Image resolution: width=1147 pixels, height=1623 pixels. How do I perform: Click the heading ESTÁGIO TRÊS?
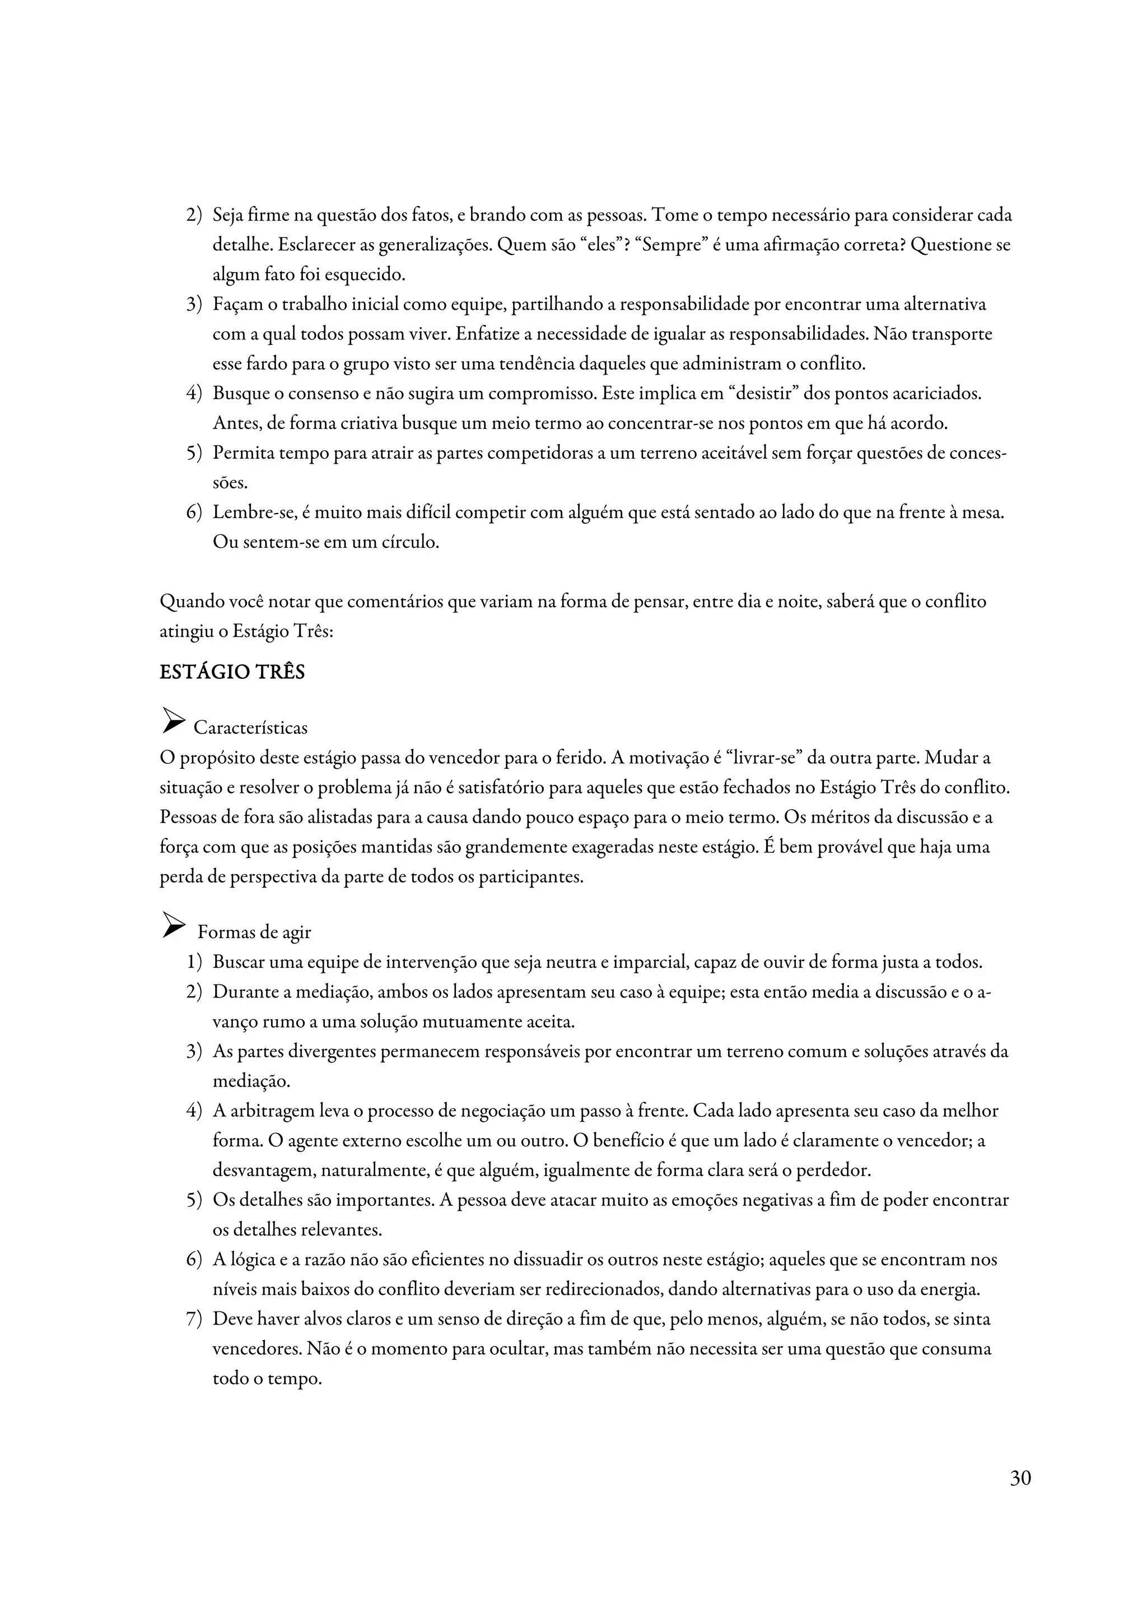point(232,671)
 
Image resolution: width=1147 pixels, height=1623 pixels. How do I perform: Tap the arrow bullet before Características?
point(172,720)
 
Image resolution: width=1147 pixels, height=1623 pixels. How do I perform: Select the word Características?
point(250,727)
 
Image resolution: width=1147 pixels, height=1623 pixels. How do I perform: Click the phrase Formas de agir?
point(254,932)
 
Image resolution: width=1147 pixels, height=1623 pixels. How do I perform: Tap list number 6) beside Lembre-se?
point(194,512)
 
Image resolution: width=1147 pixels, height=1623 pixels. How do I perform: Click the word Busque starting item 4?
point(238,394)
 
